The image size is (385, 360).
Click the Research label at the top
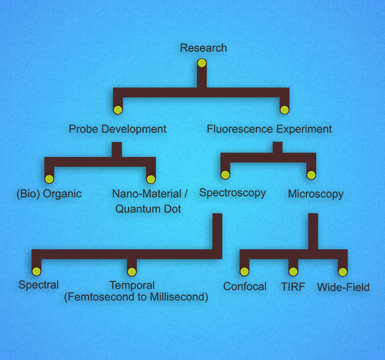click(x=203, y=48)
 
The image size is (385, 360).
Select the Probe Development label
click(x=117, y=129)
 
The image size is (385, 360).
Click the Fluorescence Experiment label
click(x=269, y=129)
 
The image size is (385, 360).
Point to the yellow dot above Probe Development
click(x=118, y=109)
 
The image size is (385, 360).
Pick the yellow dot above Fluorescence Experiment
click(x=284, y=109)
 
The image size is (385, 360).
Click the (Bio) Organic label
click(x=49, y=194)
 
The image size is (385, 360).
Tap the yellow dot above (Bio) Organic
click(x=49, y=178)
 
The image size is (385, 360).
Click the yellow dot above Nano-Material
click(x=151, y=178)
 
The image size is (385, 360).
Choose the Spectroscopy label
click(x=232, y=193)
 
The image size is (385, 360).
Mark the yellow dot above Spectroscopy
click(x=225, y=174)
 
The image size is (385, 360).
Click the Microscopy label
click(x=316, y=194)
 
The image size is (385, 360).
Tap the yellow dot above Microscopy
click(x=311, y=174)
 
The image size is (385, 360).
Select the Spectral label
click(x=38, y=285)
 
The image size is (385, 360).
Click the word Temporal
click(x=132, y=285)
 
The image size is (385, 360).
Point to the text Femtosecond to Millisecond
click(x=136, y=297)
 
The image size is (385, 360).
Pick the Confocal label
click(x=245, y=286)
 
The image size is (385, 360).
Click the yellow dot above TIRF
click(x=293, y=271)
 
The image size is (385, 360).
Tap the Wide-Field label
click(x=343, y=287)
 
